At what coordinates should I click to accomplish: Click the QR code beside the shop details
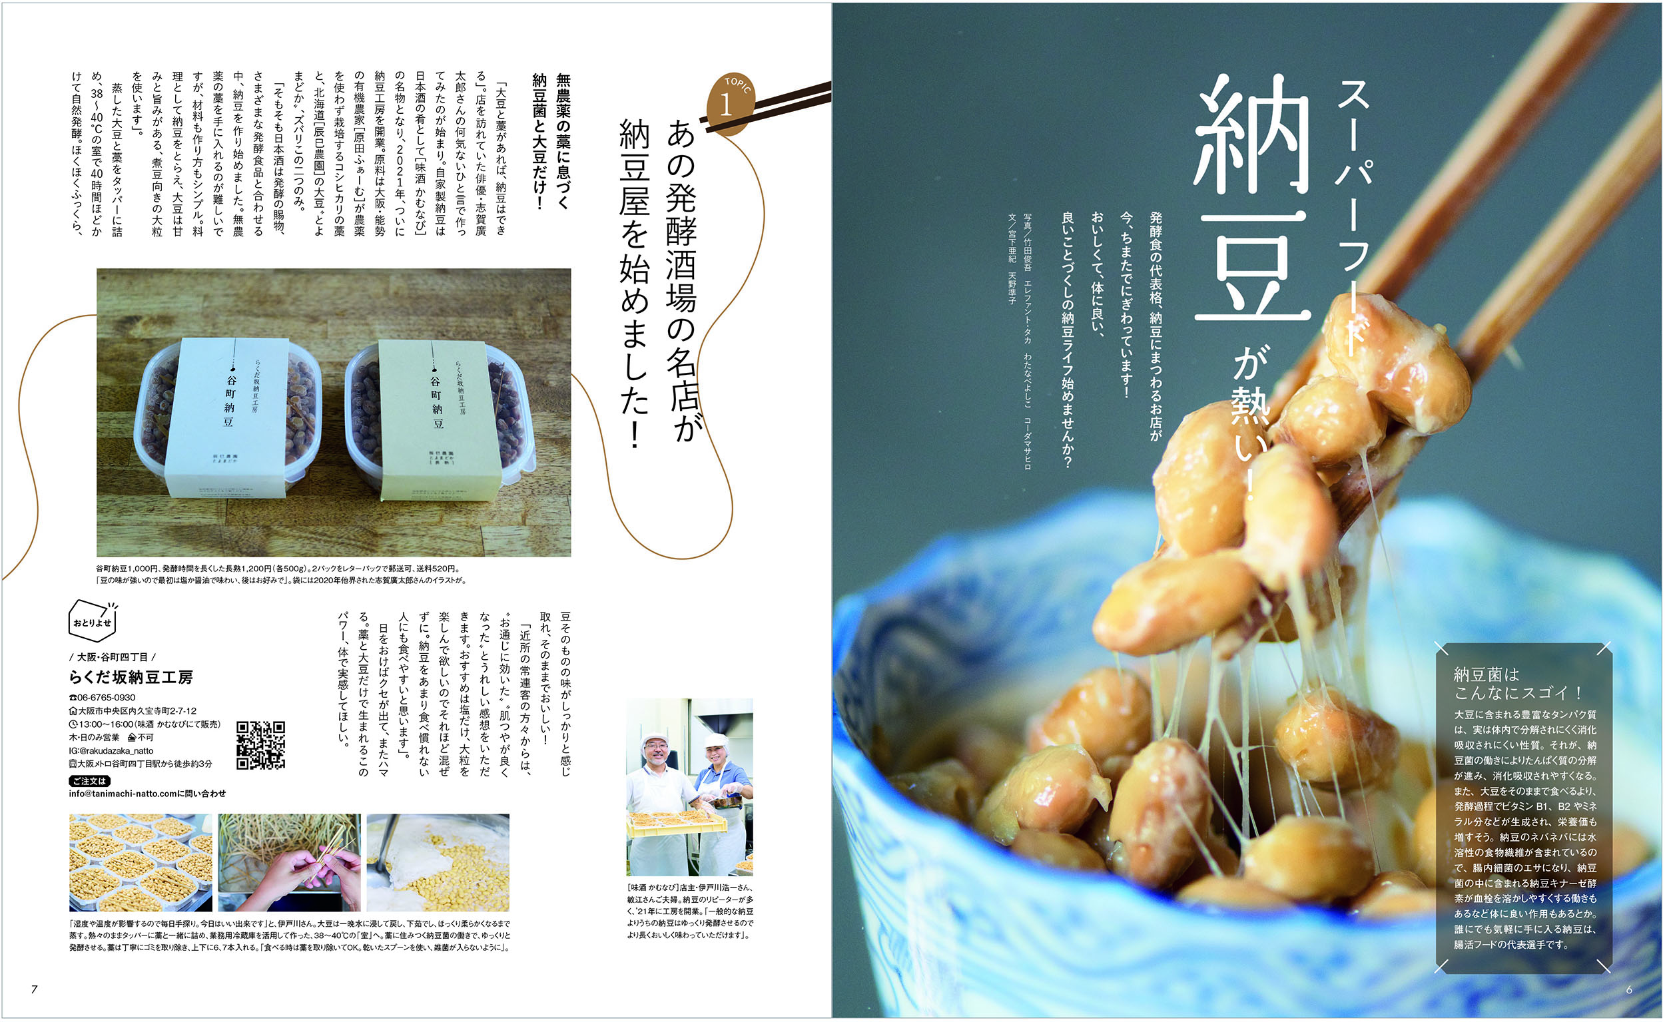pos(260,746)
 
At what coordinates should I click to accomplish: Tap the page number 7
pos(34,989)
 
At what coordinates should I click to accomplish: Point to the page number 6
pos(1628,989)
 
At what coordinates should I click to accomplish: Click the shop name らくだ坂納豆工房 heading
pos(131,676)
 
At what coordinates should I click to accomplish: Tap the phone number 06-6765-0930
pos(103,698)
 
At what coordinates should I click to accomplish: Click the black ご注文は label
pos(89,781)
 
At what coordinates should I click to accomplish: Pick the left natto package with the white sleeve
pos(228,416)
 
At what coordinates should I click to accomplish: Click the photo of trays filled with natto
pos(140,862)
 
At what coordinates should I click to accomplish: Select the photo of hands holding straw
pos(288,862)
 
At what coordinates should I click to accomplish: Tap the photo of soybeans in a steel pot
pos(438,862)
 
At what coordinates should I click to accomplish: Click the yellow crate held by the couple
pos(677,824)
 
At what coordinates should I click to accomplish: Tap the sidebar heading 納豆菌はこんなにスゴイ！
pos(1517,683)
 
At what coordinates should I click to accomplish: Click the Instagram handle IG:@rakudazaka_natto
pos(111,751)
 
